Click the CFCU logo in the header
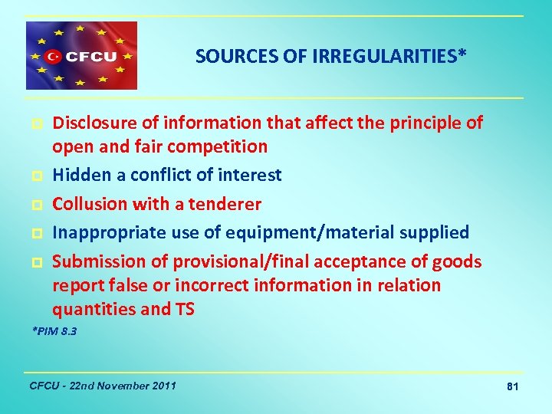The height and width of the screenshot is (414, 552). [x=81, y=56]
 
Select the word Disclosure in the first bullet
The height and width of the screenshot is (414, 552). [x=89, y=123]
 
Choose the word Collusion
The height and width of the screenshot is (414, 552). [x=87, y=204]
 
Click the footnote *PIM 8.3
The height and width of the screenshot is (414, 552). [x=54, y=332]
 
